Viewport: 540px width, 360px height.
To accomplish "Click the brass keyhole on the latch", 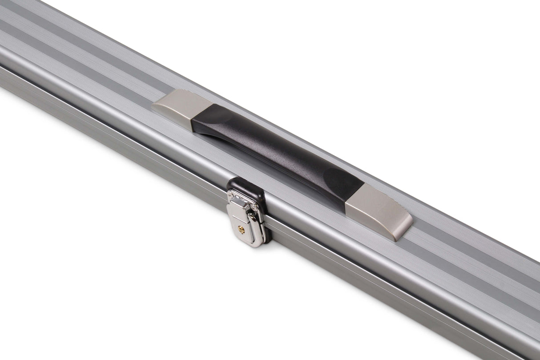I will [x=241, y=229].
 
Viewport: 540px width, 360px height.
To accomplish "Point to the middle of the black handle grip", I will [x=276, y=151].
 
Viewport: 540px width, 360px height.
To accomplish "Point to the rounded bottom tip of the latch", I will [x=244, y=243].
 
